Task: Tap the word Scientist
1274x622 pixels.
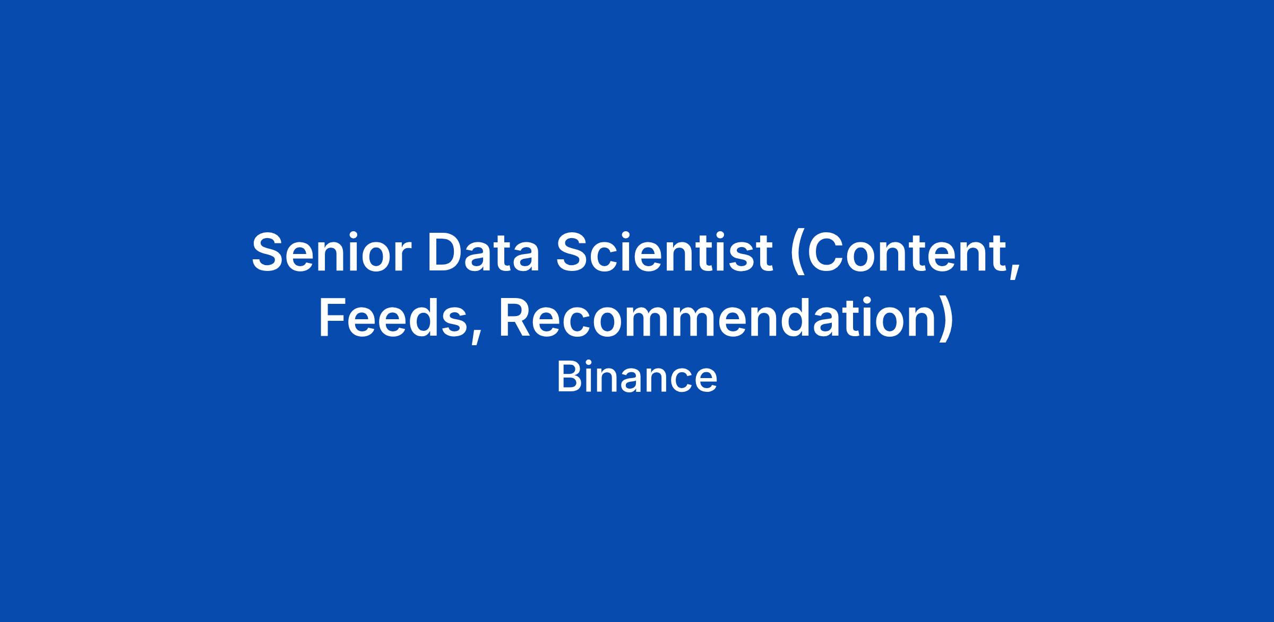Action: [664, 252]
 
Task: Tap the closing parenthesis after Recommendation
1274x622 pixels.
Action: [945, 321]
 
